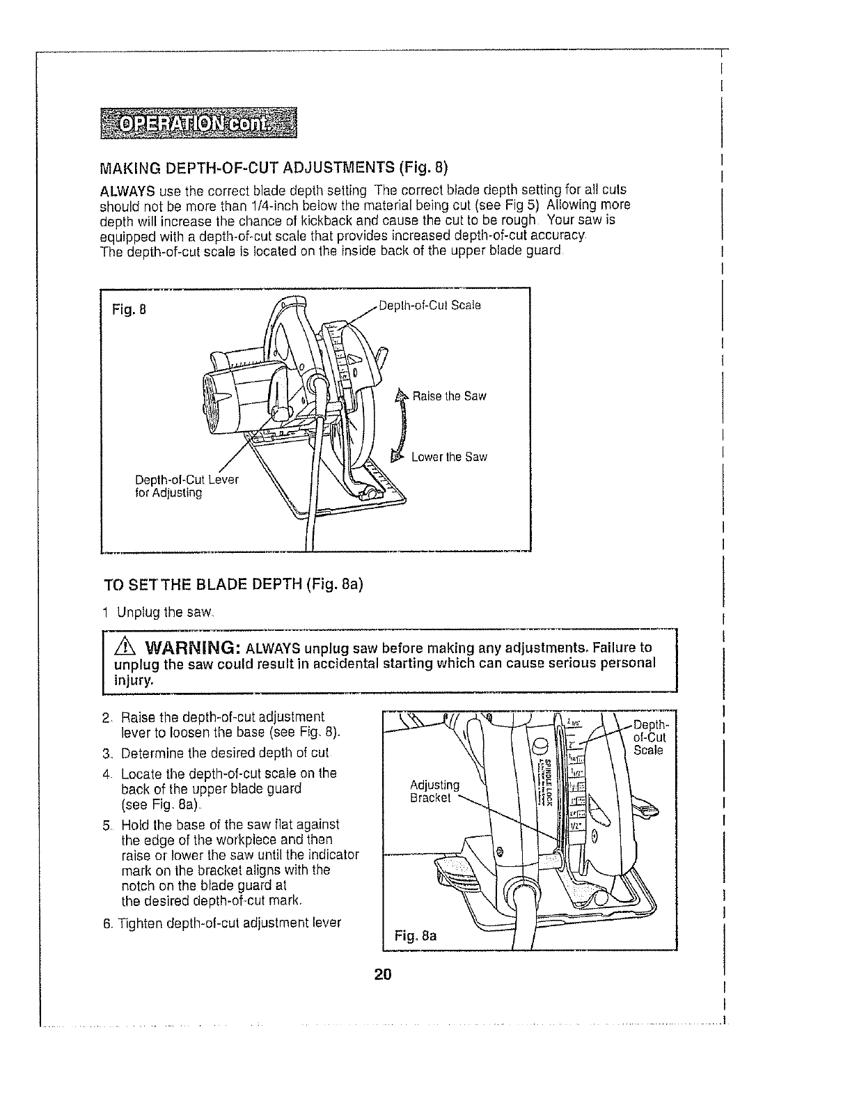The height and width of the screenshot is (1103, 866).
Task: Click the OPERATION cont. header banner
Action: point(198,123)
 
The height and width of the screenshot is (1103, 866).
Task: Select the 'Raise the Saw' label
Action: point(449,396)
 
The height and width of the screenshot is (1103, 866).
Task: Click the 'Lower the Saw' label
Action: point(448,457)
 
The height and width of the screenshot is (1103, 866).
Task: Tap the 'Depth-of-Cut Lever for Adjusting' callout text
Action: point(186,487)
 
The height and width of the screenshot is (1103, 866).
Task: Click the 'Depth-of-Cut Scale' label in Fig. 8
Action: point(430,305)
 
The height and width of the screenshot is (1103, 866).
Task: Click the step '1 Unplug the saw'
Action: point(156,613)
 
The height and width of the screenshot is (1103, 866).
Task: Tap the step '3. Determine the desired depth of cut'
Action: point(216,753)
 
